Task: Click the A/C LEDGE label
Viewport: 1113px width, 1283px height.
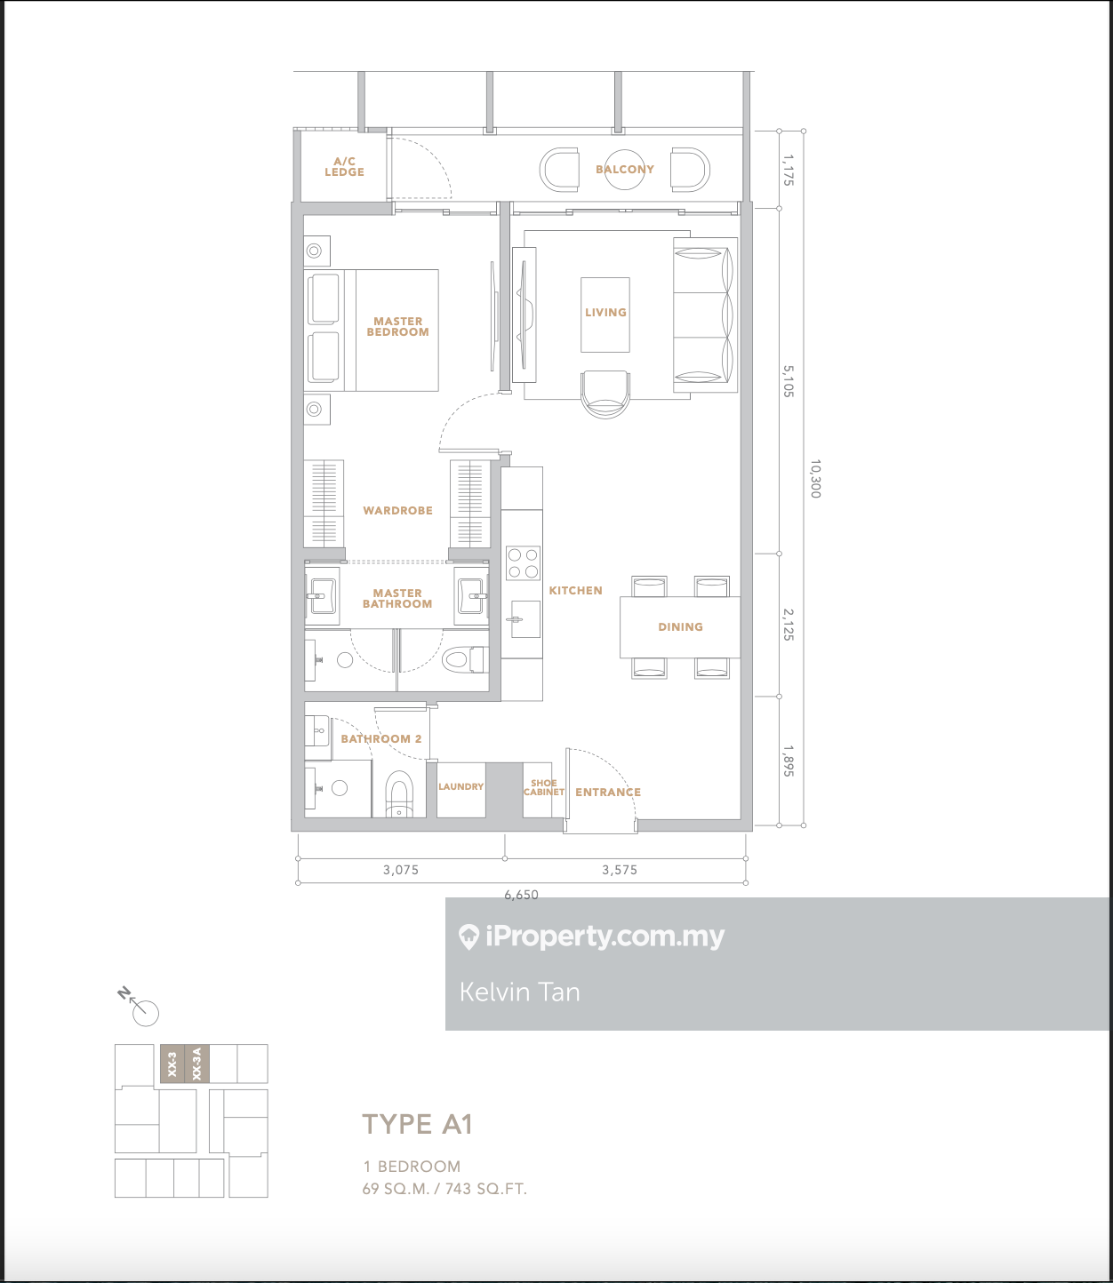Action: (344, 167)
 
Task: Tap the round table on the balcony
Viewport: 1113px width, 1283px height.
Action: (624, 170)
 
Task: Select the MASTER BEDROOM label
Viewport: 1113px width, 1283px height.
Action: (397, 326)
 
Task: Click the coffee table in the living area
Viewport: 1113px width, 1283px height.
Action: (605, 315)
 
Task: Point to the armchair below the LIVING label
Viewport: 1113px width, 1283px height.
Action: (605, 394)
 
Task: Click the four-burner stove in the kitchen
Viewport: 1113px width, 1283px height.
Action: (523, 563)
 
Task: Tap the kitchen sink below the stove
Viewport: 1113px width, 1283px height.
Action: (524, 619)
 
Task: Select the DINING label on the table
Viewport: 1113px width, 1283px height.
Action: (680, 627)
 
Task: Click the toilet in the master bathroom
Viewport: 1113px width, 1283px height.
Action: (465, 660)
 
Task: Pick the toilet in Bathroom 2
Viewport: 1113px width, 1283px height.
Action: (399, 794)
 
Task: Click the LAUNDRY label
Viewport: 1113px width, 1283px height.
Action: (460, 786)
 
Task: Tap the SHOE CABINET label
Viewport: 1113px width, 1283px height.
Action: (544, 787)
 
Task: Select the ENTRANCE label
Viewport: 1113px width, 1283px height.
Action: (608, 792)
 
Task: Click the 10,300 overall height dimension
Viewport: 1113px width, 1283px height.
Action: (815, 479)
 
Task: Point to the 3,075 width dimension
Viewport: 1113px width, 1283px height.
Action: (401, 870)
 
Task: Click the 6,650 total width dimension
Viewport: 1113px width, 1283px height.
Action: (521, 895)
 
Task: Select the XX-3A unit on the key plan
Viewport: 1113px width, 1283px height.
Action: (196, 1064)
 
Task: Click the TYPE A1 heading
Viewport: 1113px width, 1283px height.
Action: (418, 1124)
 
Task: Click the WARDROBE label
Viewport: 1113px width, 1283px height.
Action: (397, 510)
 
